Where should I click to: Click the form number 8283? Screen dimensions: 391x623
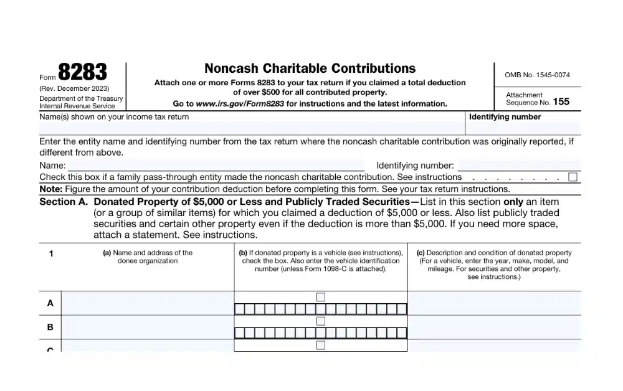tap(83, 73)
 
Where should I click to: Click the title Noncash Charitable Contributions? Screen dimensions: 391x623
tap(310, 68)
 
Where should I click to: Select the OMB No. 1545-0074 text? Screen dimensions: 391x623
tap(537, 75)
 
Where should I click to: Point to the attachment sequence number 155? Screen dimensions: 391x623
tap(561, 101)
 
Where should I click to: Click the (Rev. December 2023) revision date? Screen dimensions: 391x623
tap(74, 88)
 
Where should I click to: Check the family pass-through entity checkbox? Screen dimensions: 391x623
tap(573, 177)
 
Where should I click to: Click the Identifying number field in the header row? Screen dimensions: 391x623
tap(523, 128)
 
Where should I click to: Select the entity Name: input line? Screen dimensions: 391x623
tap(216, 166)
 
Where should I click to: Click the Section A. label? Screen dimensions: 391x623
tap(64, 202)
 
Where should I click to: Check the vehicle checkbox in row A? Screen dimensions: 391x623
tap(321, 297)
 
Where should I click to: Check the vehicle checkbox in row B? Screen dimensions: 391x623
tap(321, 321)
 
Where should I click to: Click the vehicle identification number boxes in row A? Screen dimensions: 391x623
tap(321, 309)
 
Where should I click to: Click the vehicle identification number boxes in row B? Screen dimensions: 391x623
tap(321, 332)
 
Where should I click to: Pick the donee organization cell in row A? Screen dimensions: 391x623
tap(148, 303)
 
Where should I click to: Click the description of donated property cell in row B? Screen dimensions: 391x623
tap(494, 327)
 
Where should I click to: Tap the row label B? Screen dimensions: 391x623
tap(50, 327)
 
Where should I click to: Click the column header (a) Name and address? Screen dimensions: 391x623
tap(148, 257)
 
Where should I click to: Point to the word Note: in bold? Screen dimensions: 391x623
tap(50, 189)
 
